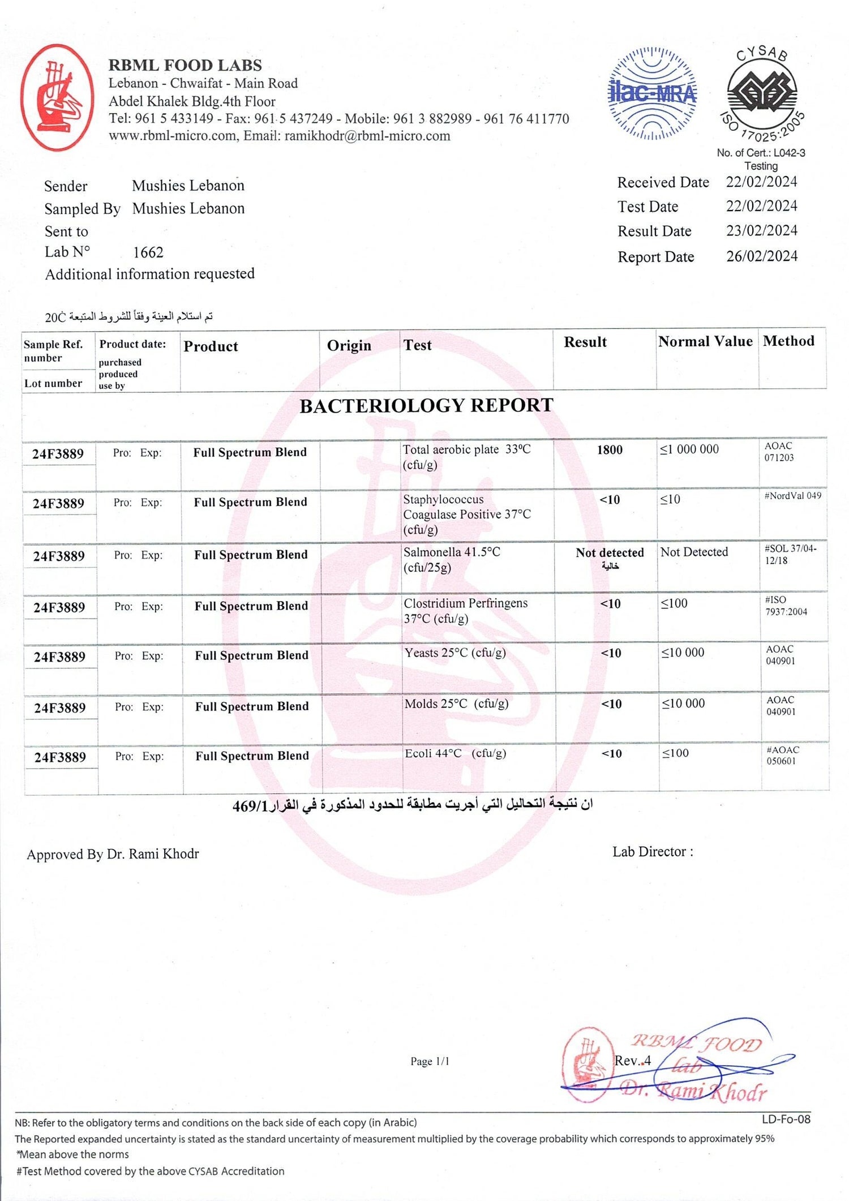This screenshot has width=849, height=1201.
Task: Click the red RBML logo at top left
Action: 57,98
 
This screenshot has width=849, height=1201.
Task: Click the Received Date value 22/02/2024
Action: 761,182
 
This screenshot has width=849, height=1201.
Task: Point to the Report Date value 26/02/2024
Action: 762,256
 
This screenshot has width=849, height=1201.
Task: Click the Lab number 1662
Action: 148,252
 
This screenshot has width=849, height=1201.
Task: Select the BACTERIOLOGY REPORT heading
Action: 426,406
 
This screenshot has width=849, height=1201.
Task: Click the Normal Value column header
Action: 705,342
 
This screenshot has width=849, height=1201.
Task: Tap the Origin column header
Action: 349,346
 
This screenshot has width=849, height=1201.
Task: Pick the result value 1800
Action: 610,450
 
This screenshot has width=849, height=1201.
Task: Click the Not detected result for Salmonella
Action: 610,553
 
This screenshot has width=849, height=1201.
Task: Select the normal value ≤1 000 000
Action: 689,449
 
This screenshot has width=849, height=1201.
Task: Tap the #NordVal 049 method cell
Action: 792,496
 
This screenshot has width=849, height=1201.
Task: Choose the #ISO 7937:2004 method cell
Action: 786,606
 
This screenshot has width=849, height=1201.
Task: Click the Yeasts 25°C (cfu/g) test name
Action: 455,653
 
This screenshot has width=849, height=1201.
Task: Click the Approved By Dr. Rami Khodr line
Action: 113,854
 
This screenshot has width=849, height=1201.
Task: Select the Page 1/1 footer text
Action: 430,1061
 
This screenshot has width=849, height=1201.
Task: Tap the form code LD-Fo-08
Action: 786,1119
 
